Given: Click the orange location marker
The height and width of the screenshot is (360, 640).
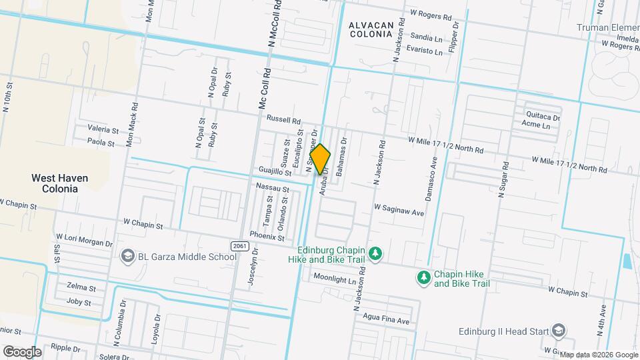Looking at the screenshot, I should (x=320, y=159).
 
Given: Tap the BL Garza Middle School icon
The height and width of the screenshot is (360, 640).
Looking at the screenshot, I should (x=127, y=256).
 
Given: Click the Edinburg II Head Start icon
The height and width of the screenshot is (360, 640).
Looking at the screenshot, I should (x=559, y=331).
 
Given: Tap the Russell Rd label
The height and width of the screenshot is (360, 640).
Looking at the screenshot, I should (x=284, y=120).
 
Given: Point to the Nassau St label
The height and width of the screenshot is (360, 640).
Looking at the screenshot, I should (x=273, y=189).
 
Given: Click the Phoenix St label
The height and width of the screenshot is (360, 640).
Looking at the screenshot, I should (x=267, y=235).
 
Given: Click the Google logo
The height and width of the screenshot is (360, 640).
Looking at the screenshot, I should (x=22, y=351).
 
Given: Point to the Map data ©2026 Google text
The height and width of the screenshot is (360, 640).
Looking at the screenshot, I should (x=598, y=355).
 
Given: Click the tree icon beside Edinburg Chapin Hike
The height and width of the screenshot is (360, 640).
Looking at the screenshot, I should (x=376, y=253).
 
